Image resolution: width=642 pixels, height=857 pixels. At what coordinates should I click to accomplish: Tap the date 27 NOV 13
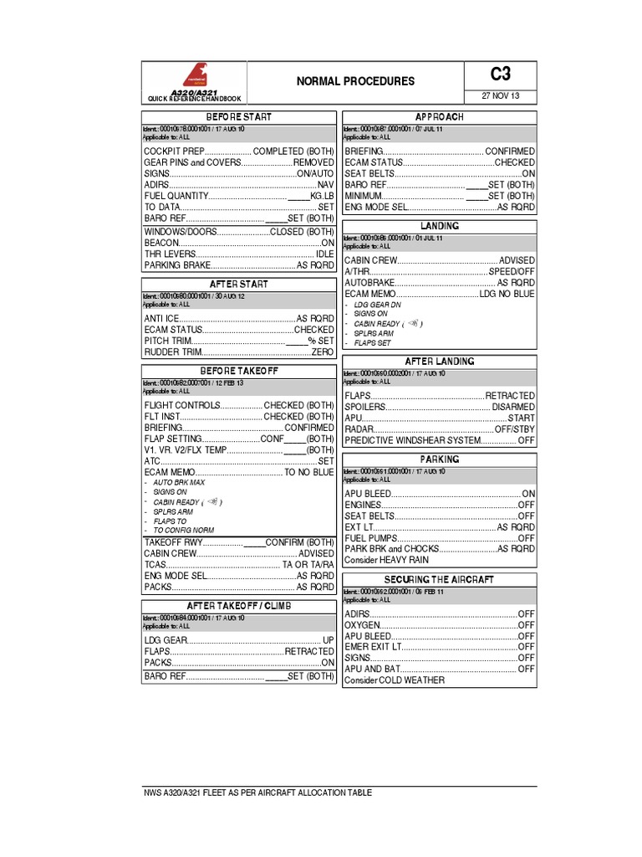501,95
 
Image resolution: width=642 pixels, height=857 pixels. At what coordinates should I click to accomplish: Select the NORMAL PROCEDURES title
355,82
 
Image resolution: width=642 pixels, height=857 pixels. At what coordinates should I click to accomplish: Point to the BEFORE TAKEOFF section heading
238,371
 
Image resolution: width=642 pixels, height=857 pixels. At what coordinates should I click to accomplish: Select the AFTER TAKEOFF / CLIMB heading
238,606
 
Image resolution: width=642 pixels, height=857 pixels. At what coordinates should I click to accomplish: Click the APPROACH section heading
439,117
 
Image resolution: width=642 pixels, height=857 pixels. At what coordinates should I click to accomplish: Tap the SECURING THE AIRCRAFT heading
439,580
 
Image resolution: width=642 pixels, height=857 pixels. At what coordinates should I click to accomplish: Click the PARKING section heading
439,460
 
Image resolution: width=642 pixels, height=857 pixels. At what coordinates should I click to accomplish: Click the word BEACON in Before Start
162,243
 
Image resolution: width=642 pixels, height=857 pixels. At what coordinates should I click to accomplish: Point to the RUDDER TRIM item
170,353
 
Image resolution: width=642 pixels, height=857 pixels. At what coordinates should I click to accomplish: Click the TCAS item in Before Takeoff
155,565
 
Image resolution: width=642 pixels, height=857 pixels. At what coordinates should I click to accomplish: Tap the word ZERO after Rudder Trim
323,353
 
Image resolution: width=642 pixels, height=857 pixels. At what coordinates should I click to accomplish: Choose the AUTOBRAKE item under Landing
369,284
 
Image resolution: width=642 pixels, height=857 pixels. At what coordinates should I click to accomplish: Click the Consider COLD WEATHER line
395,680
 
